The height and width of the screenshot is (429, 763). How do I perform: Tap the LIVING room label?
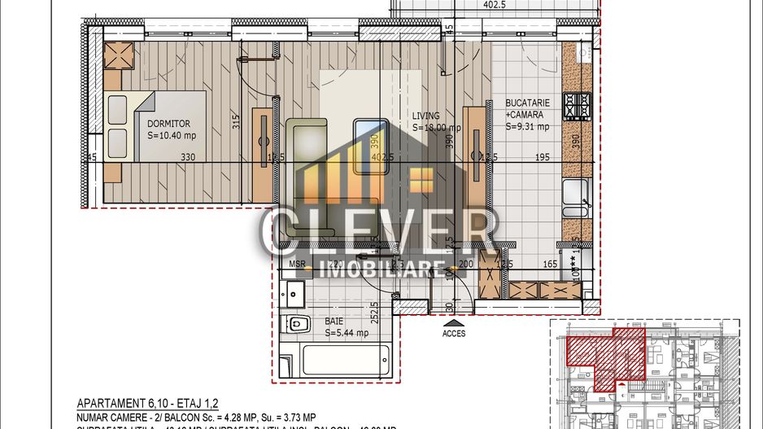(426, 116)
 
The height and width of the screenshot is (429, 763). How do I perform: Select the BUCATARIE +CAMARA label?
(528, 109)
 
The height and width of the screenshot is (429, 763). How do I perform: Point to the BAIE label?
(334, 321)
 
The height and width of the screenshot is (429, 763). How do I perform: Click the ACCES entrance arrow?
(454, 323)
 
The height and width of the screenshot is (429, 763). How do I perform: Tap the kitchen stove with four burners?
(578, 107)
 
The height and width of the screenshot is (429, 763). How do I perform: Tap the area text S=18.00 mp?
(437, 128)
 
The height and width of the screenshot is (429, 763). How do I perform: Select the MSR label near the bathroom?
(296, 264)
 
